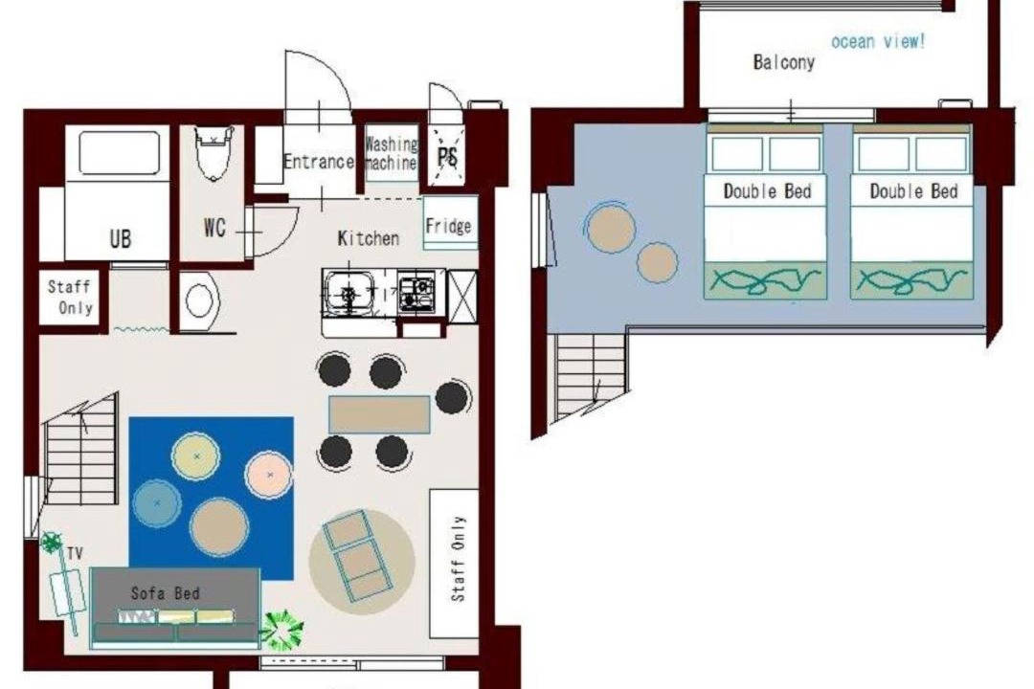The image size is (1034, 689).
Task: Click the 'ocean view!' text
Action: tap(878, 41)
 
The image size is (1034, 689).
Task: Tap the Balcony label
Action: tap(783, 62)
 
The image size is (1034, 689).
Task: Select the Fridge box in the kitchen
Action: tap(450, 223)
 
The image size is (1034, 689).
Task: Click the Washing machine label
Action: tap(391, 152)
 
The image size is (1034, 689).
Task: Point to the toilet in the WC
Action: tap(214, 152)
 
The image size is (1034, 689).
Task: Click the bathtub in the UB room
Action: tap(120, 152)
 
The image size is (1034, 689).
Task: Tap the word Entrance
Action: tap(319, 162)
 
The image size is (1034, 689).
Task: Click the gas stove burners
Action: tap(416, 293)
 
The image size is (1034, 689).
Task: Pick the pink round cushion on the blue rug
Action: tap(269, 475)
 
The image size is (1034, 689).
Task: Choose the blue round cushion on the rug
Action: tap(157, 503)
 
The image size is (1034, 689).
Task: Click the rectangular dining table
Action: tap(379, 414)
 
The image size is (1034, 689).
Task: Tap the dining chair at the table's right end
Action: tap(452, 397)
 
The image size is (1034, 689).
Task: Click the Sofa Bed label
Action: tap(166, 593)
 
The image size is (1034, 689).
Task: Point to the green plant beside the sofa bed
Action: tap(283, 630)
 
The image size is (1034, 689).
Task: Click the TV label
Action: tap(76, 554)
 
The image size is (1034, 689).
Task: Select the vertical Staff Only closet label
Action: tap(458, 559)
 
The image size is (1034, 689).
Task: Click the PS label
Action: tap(448, 157)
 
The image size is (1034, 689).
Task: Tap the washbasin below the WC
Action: tap(198, 300)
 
